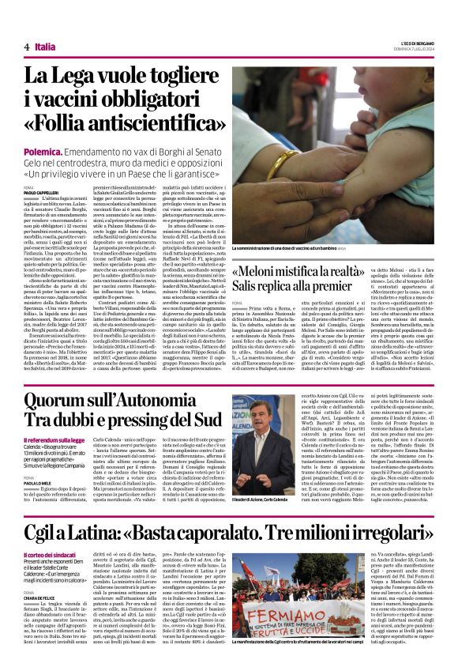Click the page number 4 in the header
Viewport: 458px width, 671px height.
(27, 47)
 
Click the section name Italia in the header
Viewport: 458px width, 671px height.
(45, 47)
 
